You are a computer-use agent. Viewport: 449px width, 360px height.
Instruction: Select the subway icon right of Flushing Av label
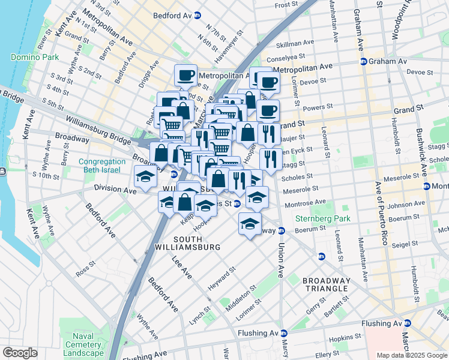tap(285, 333)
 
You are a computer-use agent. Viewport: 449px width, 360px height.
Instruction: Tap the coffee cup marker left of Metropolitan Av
tap(185, 76)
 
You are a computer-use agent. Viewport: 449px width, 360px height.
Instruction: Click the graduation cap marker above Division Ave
tap(145, 177)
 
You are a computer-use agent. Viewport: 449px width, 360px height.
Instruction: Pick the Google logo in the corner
tap(20, 352)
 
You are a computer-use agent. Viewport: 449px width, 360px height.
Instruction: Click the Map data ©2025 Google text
tap(411, 355)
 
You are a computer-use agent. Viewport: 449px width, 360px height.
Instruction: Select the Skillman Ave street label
tap(295, 44)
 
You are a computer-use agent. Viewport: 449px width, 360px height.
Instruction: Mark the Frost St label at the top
tap(286, 5)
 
